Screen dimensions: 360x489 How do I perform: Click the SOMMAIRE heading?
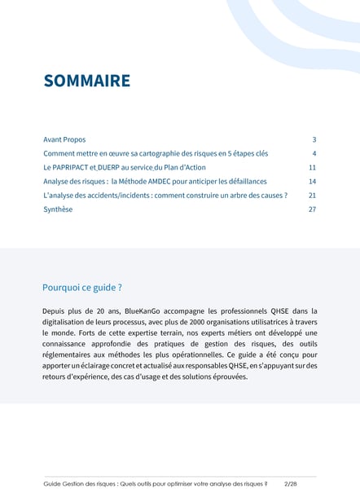[86, 81]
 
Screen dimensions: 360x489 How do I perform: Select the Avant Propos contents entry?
[64, 139]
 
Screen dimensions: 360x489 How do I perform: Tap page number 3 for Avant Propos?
[314, 139]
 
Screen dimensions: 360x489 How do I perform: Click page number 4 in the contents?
[314, 153]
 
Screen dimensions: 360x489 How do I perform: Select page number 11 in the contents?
[312, 167]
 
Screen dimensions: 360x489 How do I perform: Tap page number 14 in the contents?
[312, 181]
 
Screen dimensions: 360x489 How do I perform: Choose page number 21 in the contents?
[312, 196]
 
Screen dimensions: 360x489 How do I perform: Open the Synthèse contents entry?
[58, 209]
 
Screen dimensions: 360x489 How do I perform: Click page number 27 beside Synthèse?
[312, 209]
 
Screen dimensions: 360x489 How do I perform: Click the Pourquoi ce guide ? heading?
[82, 288]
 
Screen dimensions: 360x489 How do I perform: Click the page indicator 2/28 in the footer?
[291, 483]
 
